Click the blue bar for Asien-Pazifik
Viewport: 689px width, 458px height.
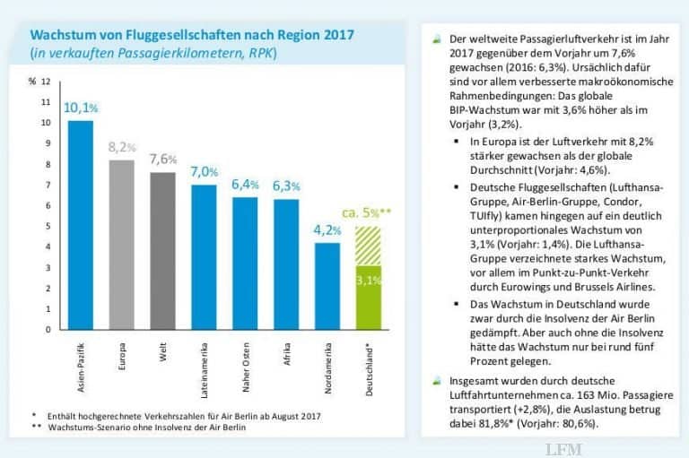80,224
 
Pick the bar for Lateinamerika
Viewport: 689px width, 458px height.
204,256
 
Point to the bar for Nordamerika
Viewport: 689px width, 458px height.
327,285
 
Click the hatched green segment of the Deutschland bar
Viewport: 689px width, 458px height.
369,246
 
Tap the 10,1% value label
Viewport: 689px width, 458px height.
81,108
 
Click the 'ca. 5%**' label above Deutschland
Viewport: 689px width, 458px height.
369,213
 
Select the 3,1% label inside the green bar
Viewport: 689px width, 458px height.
369,281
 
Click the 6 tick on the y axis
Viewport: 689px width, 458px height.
47,204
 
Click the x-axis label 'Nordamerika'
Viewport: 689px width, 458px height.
327,368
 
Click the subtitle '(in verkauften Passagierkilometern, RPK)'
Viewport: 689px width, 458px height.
153,54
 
